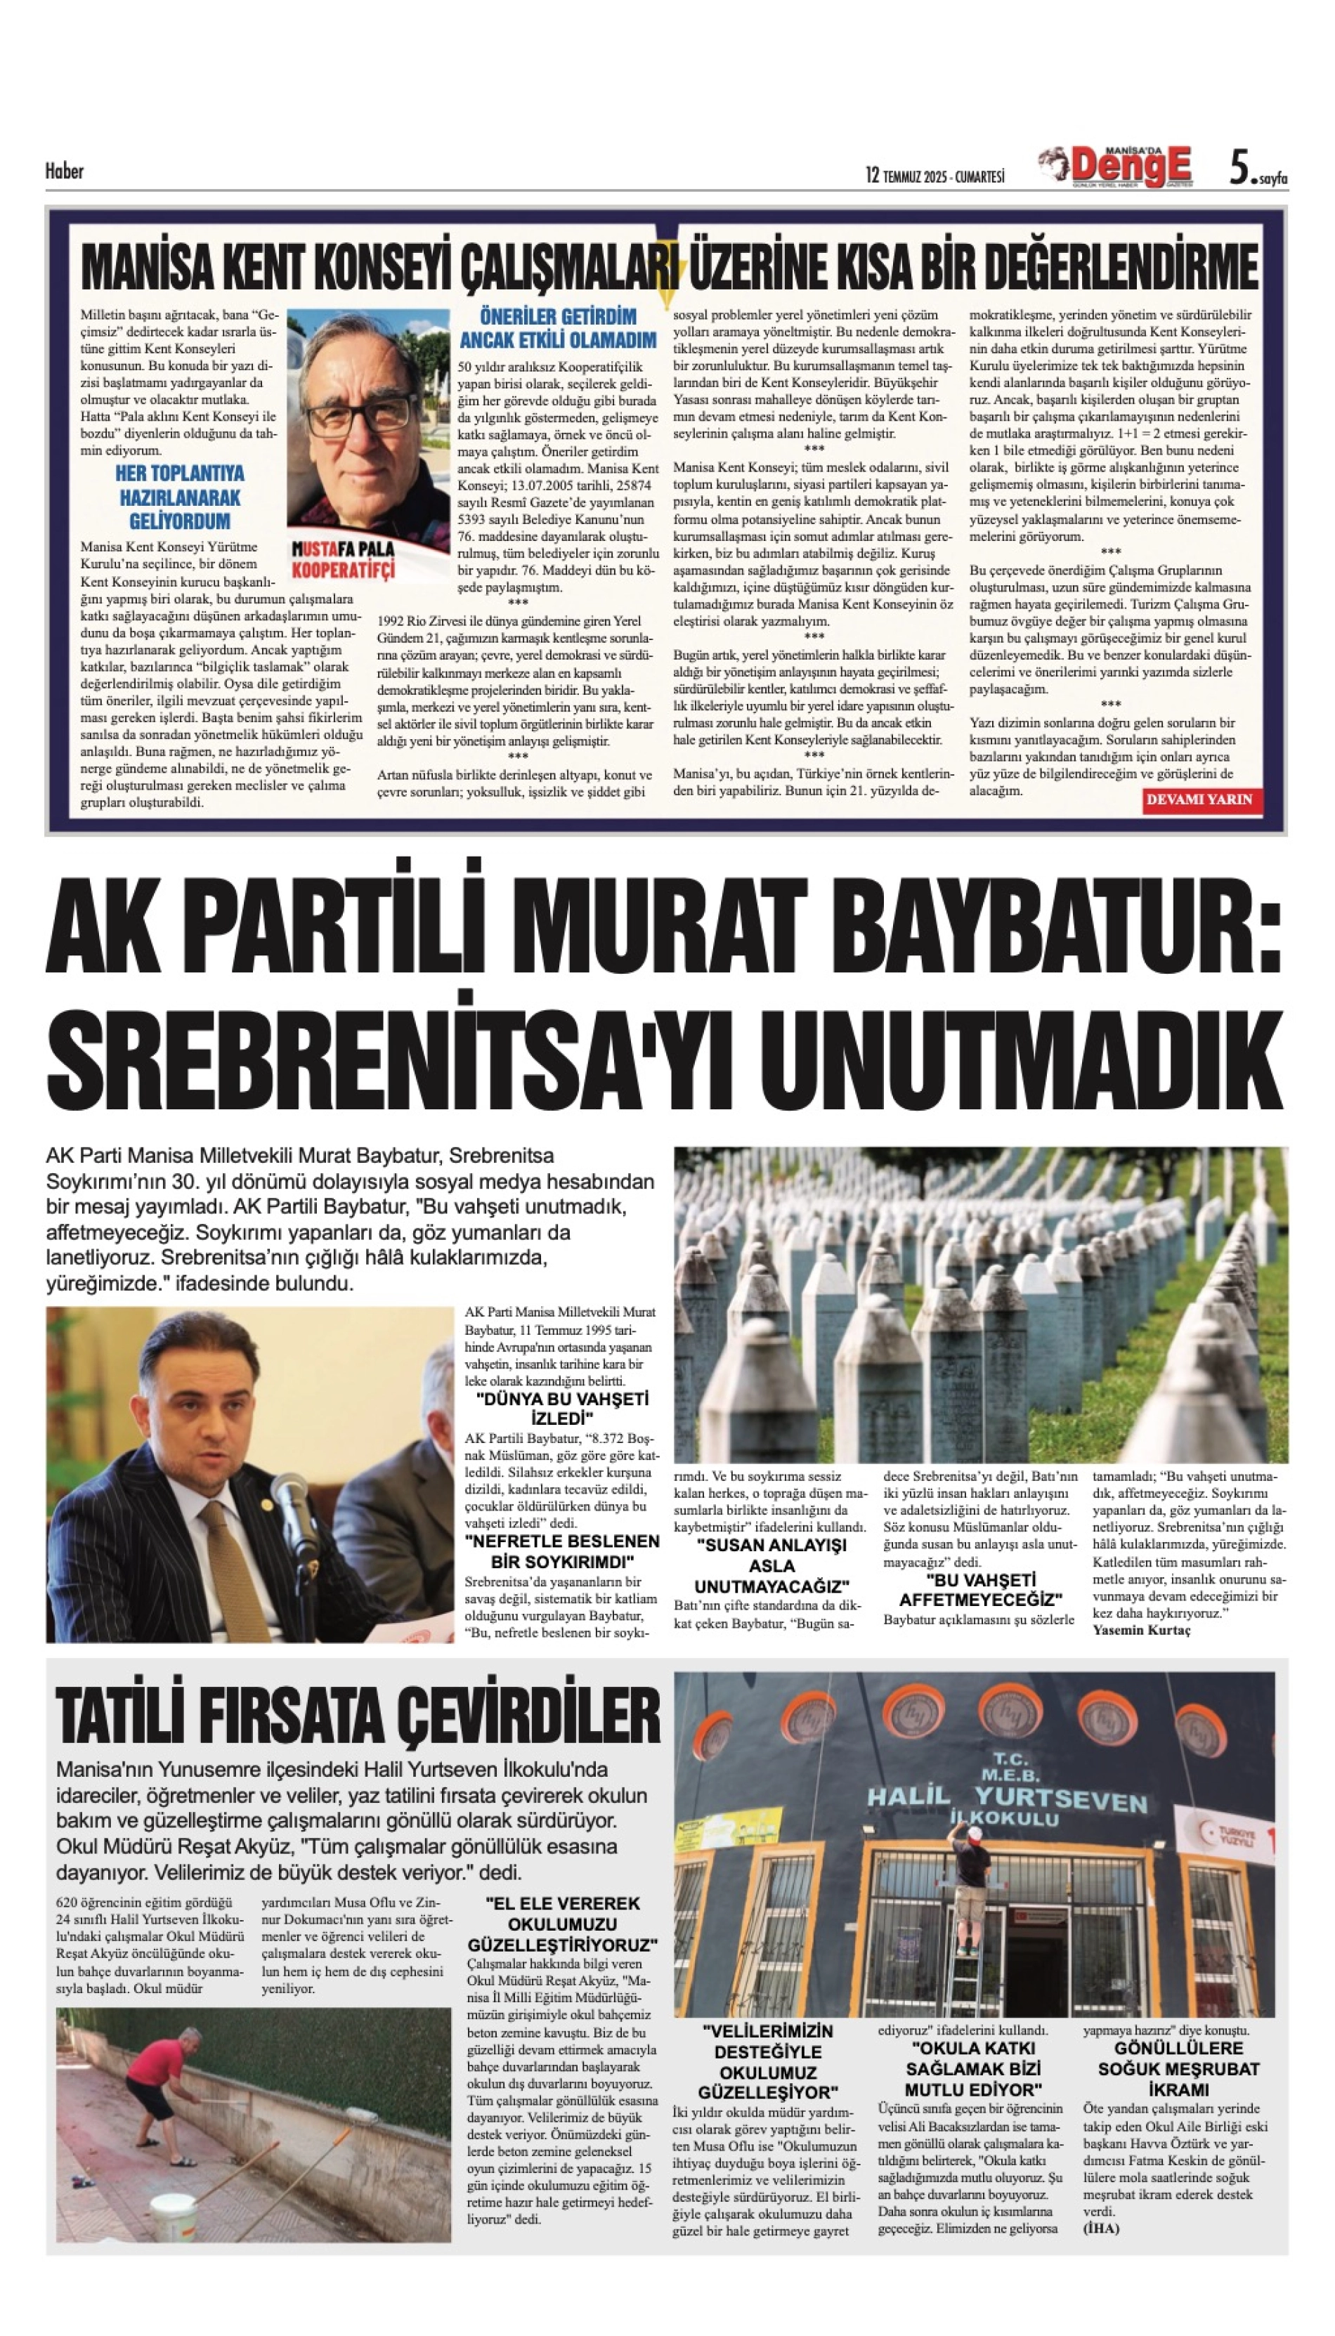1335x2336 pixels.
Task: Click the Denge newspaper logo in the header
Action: pos(1116,168)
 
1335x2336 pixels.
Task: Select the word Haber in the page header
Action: pos(64,171)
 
